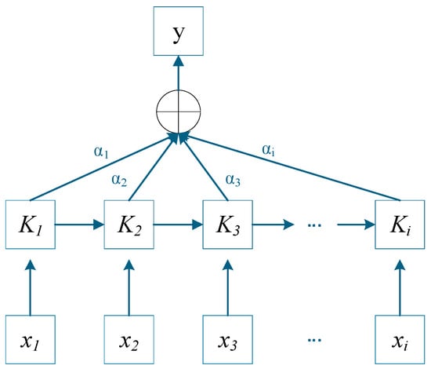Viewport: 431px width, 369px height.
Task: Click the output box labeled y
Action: click(x=179, y=31)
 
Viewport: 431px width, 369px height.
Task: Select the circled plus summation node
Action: click(x=179, y=111)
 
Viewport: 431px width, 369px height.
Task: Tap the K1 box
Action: click(x=31, y=225)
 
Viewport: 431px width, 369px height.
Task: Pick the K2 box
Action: click(x=129, y=225)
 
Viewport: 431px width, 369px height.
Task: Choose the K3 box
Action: click(x=227, y=225)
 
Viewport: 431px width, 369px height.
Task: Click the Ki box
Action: click(x=400, y=225)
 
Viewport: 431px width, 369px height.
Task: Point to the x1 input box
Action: click(x=31, y=340)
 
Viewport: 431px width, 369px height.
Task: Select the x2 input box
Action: click(x=129, y=340)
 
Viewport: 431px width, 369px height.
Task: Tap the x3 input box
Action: click(x=227, y=340)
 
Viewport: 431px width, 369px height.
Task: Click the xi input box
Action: click(x=400, y=340)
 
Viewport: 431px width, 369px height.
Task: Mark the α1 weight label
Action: click(x=101, y=152)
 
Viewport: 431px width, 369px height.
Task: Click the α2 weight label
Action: click(x=119, y=181)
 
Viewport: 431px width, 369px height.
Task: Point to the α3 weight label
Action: click(x=233, y=180)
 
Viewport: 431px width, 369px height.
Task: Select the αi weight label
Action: click(x=268, y=151)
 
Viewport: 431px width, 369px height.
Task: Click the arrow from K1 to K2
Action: click(x=80, y=225)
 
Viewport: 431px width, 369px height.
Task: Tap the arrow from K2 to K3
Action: click(x=178, y=225)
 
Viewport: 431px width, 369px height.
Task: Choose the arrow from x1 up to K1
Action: click(x=31, y=287)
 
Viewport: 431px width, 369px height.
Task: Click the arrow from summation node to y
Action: click(x=179, y=73)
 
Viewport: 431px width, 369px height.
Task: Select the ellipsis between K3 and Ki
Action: click(x=314, y=225)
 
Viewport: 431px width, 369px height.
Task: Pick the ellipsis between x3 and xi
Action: click(x=314, y=341)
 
